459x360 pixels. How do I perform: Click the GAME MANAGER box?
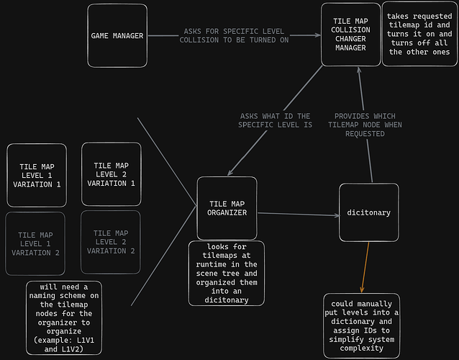point(117,35)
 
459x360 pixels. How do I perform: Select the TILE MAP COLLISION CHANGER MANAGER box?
point(350,35)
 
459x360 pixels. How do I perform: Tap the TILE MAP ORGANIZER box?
point(227,208)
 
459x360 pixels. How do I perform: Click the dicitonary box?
point(368,212)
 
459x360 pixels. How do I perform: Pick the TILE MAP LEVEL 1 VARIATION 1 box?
point(37,175)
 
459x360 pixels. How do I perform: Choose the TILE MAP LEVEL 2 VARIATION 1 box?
point(112,174)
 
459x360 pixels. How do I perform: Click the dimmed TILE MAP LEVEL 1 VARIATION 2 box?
point(35,243)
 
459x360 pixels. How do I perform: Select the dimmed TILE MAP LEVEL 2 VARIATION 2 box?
point(110,242)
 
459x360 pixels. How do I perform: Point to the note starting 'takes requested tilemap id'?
point(419,35)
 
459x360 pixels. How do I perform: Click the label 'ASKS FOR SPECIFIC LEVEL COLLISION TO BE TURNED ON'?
point(234,36)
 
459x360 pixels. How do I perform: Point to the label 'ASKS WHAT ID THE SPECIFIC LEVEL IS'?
point(276,120)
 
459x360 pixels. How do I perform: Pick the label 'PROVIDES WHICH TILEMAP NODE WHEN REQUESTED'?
point(365,125)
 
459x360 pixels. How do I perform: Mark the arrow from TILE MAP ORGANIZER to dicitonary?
point(298,215)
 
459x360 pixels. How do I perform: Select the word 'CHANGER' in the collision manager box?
point(350,39)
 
